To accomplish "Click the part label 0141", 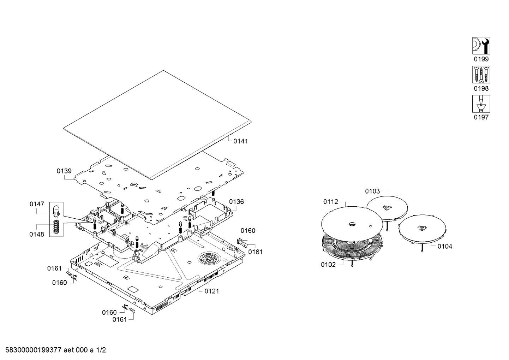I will tap(241, 141).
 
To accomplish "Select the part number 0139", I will tap(64, 171).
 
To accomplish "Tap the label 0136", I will tap(236, 202).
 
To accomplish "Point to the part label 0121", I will tap(211, 291).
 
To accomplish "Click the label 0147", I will tap(37, 204).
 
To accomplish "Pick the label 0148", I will tap(37, 234).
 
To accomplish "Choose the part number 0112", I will tap(331, 202).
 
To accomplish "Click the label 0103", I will tap(372, 191).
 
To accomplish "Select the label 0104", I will tap(445, 246).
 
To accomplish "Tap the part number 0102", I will tap(328, 265).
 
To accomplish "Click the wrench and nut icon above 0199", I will tap(481, 46).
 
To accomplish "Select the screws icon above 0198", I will tap(481, 75).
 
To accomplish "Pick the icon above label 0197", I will tap(481, 104).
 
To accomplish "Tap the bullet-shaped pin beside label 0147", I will tap(56, 210).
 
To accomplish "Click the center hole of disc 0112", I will tap(352, 224).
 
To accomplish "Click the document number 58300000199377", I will tap(33, 350).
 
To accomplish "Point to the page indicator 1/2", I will tap(101, 350).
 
